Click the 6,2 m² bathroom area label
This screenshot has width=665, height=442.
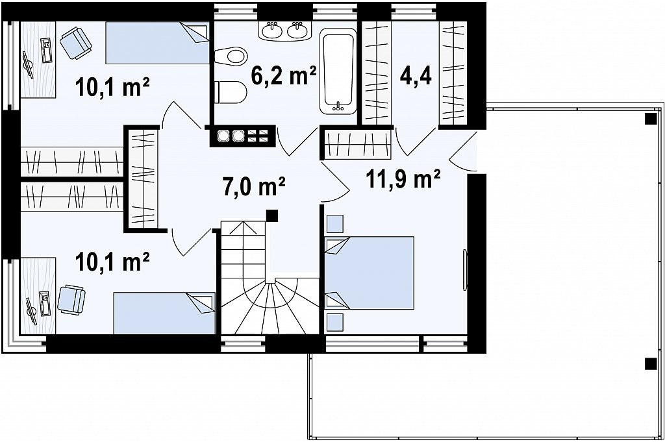[x=284, y=76]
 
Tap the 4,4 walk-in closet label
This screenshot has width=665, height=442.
[x=416, y=77]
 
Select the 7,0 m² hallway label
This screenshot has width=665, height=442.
[x=254, y=186]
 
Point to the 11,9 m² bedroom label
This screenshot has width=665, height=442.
[x=403, y=179]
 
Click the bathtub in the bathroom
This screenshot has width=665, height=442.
[x=338, y=71]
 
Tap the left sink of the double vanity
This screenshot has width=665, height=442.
[x=271, y=30]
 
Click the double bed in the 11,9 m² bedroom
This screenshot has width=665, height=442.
[x=369, y=273]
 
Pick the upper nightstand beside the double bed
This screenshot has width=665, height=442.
[x=334, y=224]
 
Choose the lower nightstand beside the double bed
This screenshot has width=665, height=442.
[x=334, y=322]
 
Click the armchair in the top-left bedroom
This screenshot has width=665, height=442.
[x=75, y=42]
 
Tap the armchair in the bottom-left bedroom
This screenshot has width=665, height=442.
[x=71, y=300]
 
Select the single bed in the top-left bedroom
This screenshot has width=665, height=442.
[x=157, y=43]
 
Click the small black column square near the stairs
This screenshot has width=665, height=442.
[x=272, y=215]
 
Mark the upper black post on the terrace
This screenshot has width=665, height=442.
[x=650, y=119]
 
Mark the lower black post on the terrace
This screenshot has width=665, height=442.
[x=650, y=364]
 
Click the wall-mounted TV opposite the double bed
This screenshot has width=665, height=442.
[x=465, y=271]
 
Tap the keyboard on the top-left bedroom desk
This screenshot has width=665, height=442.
[x=46, y=50]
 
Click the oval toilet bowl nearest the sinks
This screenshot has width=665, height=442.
[x=231, y=56]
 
